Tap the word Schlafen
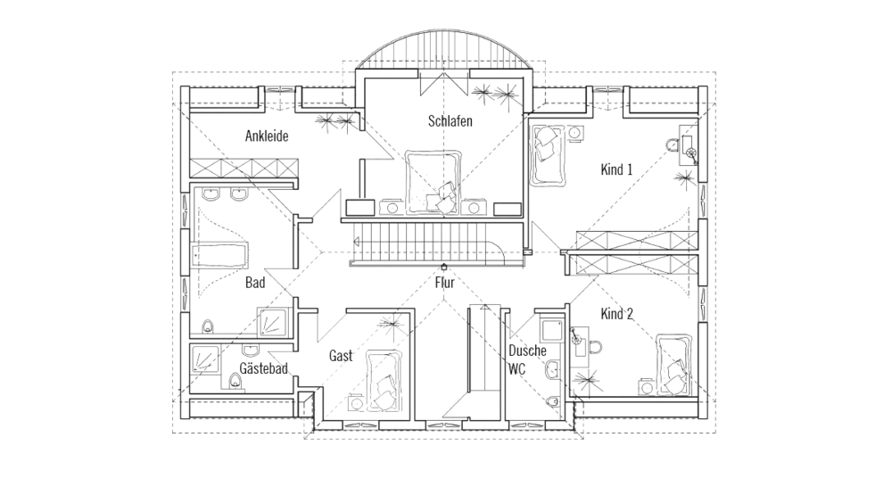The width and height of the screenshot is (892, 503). pyautogui.click(x=450, y=121)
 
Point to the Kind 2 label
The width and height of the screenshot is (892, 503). pyautogui.click(x=616, y=314)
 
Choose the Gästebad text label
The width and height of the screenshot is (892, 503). pyautogui.click(x=263, y=368)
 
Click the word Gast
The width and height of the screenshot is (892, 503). pyautogui.click(x=341, y=356)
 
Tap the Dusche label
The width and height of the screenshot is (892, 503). pyautogui.click(x=527, y=351)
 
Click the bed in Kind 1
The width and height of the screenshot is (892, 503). pyautogui.click(x=546, y=153)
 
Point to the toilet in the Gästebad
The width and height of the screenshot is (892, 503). pyautogui.click(x=235, y=383)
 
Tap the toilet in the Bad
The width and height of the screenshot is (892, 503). pyautogui.click(x=208, y=326)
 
